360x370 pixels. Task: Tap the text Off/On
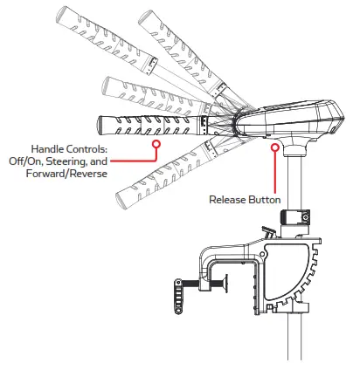48,161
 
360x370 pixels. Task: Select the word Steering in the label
92,161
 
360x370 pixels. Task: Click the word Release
229,200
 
